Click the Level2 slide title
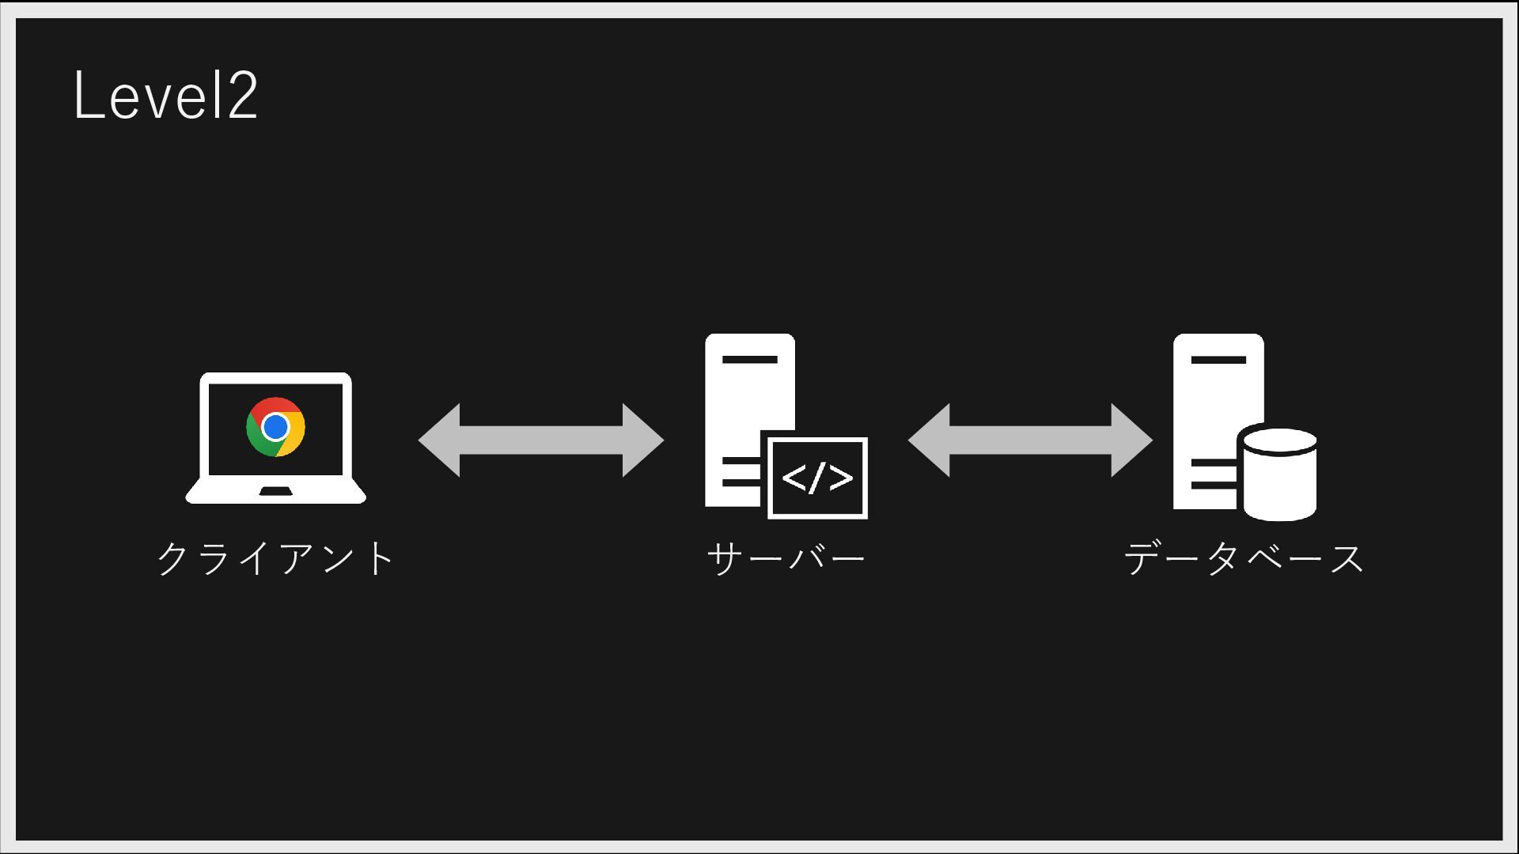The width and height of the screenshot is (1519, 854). [x=165, y=96]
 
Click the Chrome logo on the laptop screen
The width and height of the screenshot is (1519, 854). [x=275, y=427]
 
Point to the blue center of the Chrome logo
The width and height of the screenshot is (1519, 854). [x=275, y=427]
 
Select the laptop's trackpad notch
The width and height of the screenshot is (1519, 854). [x=275, y=492]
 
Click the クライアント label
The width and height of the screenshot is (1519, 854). [x=275, y=558]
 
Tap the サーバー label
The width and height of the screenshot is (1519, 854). [x=786, y=558]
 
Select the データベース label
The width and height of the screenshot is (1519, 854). [x=1244, y=558]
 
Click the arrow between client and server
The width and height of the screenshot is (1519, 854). [x=541, y=440]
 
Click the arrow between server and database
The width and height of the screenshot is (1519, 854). [x=1030, y=440]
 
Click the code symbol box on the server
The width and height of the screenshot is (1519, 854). [x=817, y=478]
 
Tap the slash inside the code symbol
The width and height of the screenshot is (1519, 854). [x=817, y=478]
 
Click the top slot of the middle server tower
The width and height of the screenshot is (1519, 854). [x=749, y=360]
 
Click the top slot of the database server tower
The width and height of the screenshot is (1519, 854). [x=1218, y=360]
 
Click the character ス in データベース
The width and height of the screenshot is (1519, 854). [x=1346, y=558]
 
